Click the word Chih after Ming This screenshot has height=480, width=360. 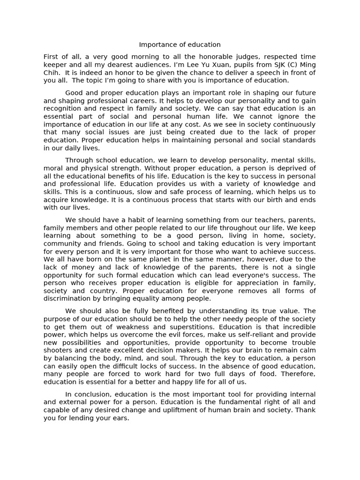pyautogui.click(x=52, y=73)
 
